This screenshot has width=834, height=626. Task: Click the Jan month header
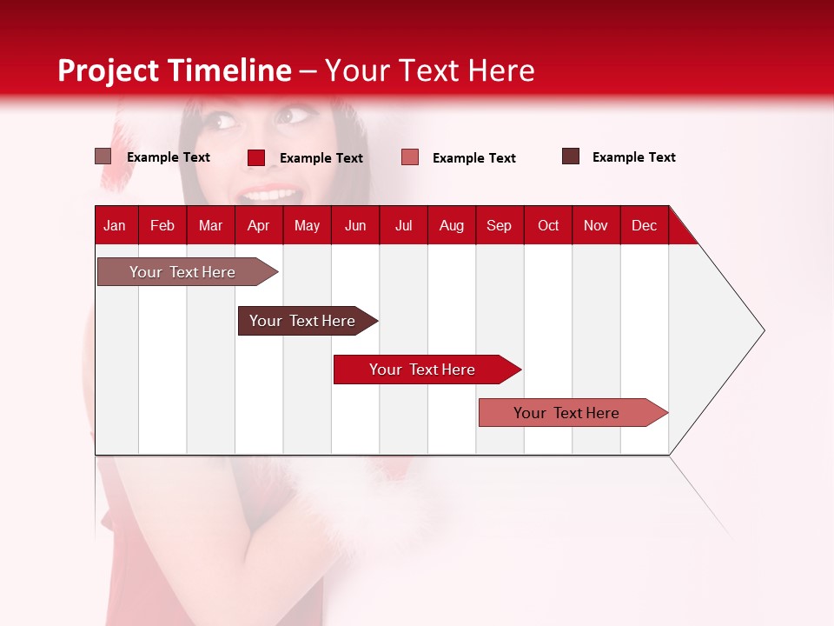pos(116,225)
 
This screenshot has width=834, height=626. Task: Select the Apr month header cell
pos(259,225)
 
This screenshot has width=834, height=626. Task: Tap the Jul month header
pos(403,225)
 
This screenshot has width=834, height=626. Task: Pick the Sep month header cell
pos(500,225)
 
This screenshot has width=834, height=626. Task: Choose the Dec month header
pos(644,225)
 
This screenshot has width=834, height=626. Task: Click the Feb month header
pos(162,225)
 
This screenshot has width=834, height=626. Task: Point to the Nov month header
pos(596,225)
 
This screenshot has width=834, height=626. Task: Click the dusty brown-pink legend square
pos(103,156)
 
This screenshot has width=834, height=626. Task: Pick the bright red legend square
pos(256,157)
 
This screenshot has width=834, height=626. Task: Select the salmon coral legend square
pos(410,157)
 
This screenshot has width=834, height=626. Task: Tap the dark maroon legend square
pos(571,156)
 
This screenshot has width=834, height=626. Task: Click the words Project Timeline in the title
pos(174,70)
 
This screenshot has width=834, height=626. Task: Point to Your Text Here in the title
pos(430,70)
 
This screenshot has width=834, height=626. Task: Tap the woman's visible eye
pos(298,114)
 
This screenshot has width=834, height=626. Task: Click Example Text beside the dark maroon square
pos(633,157)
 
